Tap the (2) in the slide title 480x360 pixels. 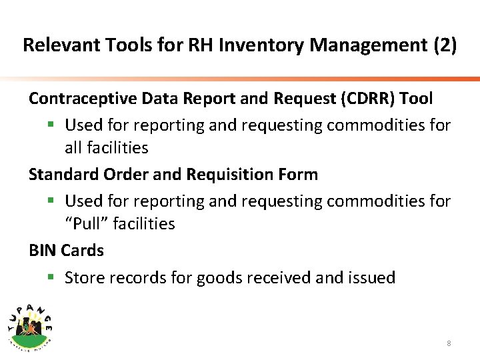click(x=445, y=45)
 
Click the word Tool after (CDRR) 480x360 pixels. click(x=416, y=99)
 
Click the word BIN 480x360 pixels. click(x=43, y=251)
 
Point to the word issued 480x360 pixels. click(x=371, y=277)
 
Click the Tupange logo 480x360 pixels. click(x=30, y=324)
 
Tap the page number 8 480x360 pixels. click(x=449, y=343)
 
